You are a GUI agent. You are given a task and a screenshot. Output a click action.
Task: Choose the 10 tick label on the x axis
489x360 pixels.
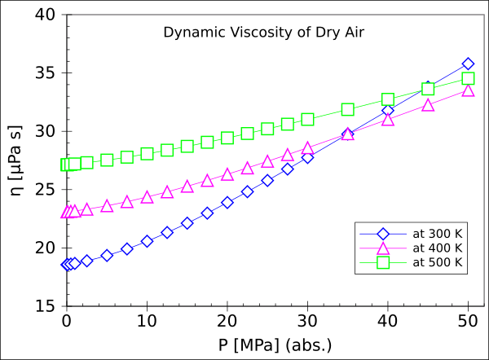tap(147, 320)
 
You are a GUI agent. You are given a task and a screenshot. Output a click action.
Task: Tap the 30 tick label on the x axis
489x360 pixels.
tap(307, 320)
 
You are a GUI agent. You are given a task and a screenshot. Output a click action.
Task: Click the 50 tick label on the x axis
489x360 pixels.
tap(468, 320)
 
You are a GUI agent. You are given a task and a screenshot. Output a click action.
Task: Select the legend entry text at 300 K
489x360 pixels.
tap(438, 234)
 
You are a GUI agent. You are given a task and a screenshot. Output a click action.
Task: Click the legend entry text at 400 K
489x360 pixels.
tap(438, 248)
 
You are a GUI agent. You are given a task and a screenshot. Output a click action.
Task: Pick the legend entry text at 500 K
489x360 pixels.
tap(438, 262)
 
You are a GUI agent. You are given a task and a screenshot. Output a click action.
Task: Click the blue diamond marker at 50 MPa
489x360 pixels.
tap(468, 64)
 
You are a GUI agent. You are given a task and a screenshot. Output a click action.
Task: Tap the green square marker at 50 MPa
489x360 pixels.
tap(468, 78)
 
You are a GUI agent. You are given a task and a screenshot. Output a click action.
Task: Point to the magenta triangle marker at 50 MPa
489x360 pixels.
tap(468, 90)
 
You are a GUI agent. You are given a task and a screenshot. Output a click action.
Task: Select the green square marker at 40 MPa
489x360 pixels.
tap(388, 99)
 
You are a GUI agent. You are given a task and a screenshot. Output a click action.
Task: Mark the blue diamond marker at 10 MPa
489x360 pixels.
tap(147, 241)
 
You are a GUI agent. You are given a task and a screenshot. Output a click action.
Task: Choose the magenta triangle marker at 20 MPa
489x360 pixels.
tap(227, 174)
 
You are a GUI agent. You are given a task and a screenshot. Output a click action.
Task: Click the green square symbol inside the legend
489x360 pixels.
tap(382, 262)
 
